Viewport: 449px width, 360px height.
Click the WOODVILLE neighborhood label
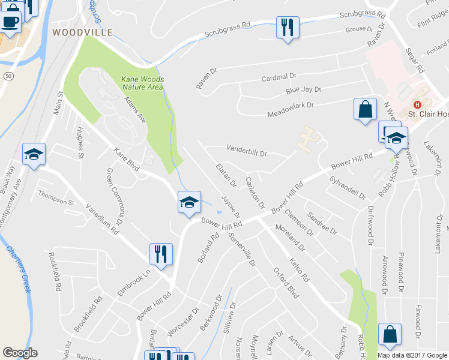(x=82, y=32)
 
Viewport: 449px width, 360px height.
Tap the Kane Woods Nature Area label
(x=143, y=83)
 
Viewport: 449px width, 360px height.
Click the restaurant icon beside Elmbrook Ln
(x=161, y=254)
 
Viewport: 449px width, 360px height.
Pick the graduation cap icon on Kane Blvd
(x=189, y=202)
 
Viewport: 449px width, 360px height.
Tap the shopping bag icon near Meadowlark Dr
(x=364, y=110)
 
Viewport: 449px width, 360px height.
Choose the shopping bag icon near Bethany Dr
(x=390, y=335)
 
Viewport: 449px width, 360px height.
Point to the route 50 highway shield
(x=8, y=76)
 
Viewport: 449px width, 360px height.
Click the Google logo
(x=20, y=353)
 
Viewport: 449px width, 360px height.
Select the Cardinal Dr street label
(x=279, y=77)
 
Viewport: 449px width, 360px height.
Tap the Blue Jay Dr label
(x=303, y=90)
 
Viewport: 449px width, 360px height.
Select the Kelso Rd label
(x=298, y=270)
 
